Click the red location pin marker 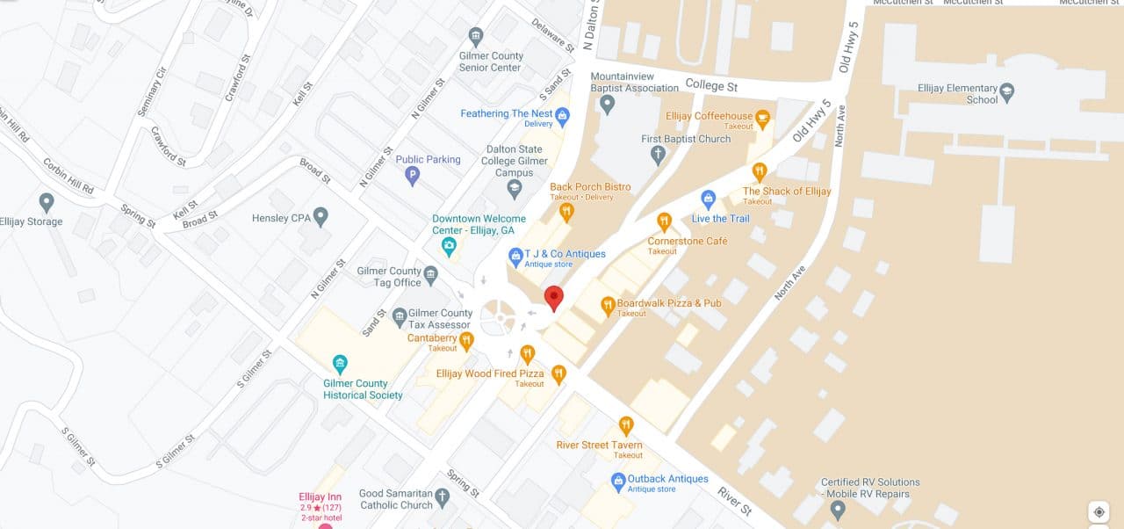coord(553,298)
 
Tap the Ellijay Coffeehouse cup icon coord(762,116)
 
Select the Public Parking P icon coord(412,176)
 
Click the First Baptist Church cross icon coord(658,156)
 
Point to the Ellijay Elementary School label coord(958,93)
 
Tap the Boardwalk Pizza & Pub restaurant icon coord(607,306)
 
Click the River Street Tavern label coord(600,446)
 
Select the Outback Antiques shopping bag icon coord(618,480)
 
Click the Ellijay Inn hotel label coord(320,497)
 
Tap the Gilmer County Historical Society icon coord(340,364)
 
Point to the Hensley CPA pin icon coord(321,216)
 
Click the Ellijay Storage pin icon coord(47,203)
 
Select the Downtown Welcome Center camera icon coord(449,247)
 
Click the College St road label coord(711,86)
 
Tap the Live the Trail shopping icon coord(709,199)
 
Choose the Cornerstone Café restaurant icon coord(664,221)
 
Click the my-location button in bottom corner coord(1099,511)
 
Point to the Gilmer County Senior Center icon coord(476,37)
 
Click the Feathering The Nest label coord(506,113)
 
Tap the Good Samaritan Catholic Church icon coord(443,498)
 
